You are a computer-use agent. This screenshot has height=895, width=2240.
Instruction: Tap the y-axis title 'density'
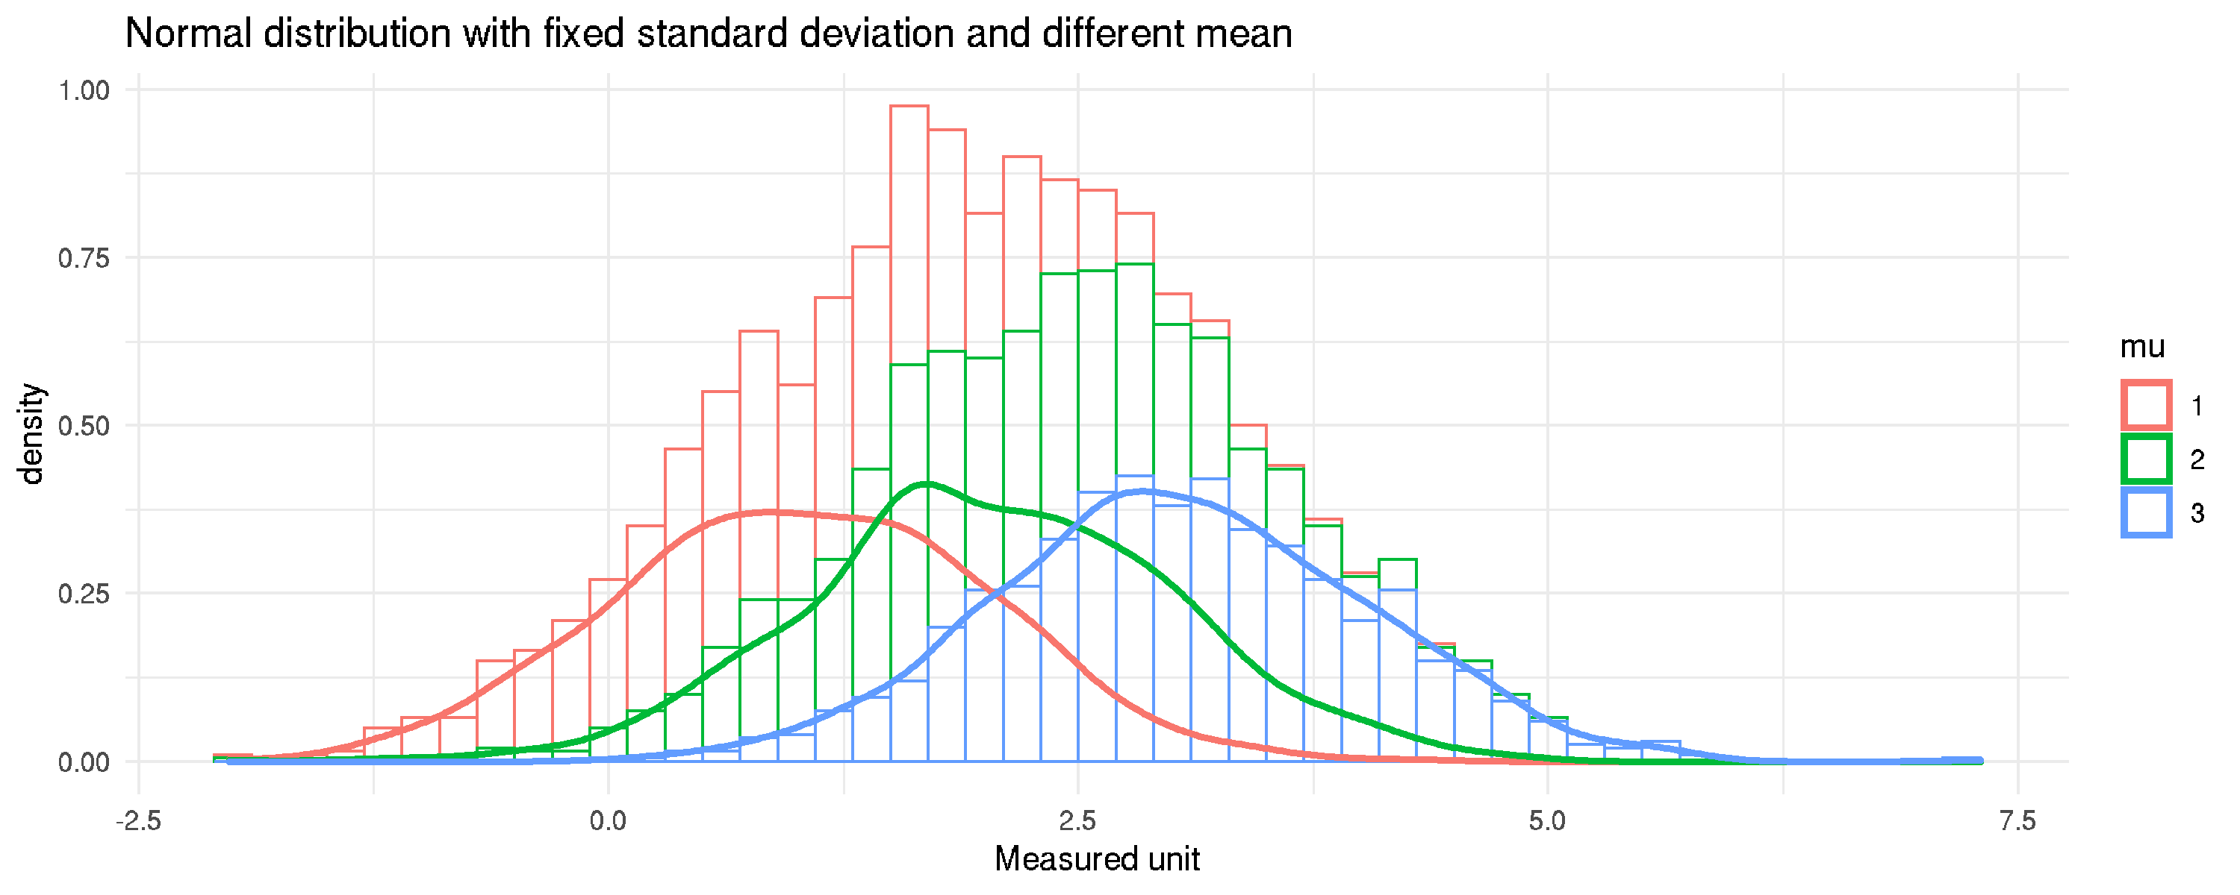point(31,433)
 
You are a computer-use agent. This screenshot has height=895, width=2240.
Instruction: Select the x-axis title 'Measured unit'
point(1097,858)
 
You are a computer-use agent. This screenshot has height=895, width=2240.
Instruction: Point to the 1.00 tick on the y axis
point(84,90)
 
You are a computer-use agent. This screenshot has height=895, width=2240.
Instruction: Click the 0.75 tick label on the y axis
point(84,258)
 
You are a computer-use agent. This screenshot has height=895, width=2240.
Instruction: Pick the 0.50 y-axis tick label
point(84,426)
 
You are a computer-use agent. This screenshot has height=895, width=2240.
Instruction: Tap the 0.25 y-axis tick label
point(84,594)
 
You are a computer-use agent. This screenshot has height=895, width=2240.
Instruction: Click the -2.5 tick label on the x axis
point(138,821)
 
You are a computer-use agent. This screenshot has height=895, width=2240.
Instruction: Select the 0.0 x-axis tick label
point(608,821)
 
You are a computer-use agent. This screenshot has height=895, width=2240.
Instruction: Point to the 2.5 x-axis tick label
point(1078,821)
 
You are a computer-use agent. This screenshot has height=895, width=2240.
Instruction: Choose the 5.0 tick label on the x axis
point(1548,821)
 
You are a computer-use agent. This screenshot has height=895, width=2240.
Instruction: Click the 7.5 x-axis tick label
point(2017,821)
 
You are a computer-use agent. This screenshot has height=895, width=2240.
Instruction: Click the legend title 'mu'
point(2141,347)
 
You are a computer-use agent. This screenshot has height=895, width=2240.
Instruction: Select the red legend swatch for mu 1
point(2146,405)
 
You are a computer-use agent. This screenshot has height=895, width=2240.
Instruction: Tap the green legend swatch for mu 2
point(2146,459)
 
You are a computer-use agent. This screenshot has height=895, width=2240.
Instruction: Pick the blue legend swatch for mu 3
point(2146,512)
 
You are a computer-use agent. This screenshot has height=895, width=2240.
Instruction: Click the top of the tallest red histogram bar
point(909,106)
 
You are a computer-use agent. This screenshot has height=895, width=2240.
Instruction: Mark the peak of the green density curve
point(925,483)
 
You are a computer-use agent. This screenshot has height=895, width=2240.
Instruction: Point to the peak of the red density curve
point(770,512)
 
